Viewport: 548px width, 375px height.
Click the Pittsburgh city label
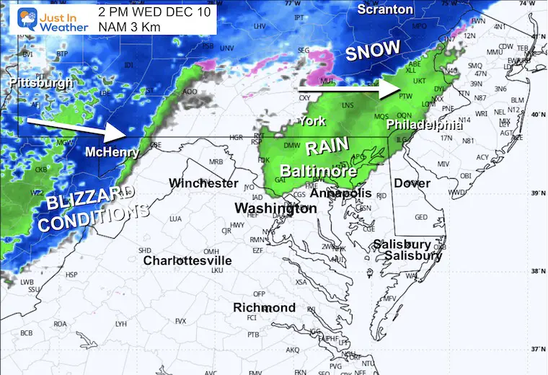coord(42,83)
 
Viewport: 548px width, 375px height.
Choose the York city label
coord(313,120)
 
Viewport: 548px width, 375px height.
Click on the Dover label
coord(412,183)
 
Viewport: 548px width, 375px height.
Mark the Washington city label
coord(275,208)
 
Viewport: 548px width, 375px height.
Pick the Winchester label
coord(203,183)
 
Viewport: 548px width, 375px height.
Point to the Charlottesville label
coord(187,260)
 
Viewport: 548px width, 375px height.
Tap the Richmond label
coord(264,308)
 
